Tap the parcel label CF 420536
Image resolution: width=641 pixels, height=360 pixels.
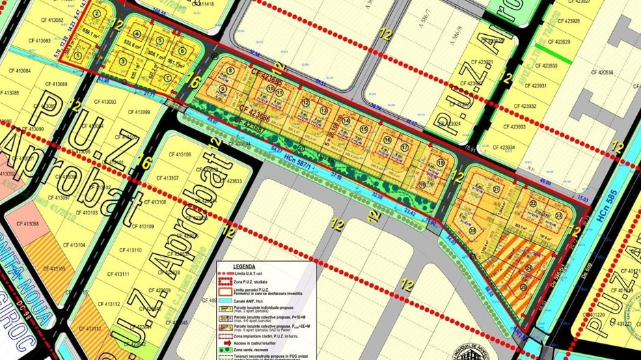[x=599, y=72]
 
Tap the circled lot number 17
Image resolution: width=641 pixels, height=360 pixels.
[x=405, y=147]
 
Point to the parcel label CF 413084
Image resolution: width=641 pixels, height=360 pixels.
[x=16, y=71]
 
